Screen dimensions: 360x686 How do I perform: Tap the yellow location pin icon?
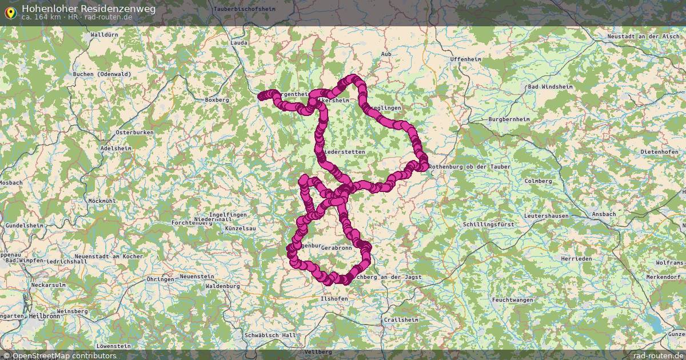click(10, 11)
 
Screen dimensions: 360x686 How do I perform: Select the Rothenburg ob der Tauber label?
click(469, 166)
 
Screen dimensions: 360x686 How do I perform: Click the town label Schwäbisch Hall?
click(270, 335)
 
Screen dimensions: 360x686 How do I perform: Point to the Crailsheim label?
click(401, 319)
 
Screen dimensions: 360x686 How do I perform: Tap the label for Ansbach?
click(604, 214)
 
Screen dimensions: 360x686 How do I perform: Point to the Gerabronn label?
click(336, 249)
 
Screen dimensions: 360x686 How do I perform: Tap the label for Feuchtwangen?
click(512, 300)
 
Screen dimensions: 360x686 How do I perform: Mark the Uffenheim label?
click(465, 59)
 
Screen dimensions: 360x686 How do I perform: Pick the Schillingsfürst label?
click(489, 225)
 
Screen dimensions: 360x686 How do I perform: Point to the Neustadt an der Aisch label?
click(644, 37)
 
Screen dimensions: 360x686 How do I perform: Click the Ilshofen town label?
click(334, 298)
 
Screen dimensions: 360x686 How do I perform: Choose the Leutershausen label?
click(547, 216)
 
